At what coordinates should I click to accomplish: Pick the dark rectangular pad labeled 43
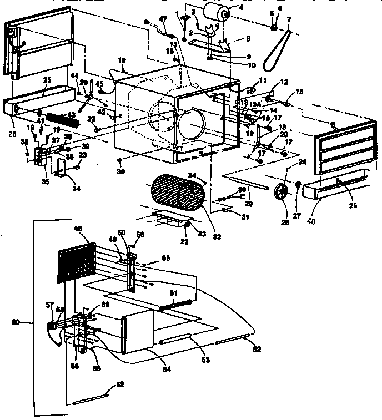click(x=60, y=119)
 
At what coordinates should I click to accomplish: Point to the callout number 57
click(x=49, y=305)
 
